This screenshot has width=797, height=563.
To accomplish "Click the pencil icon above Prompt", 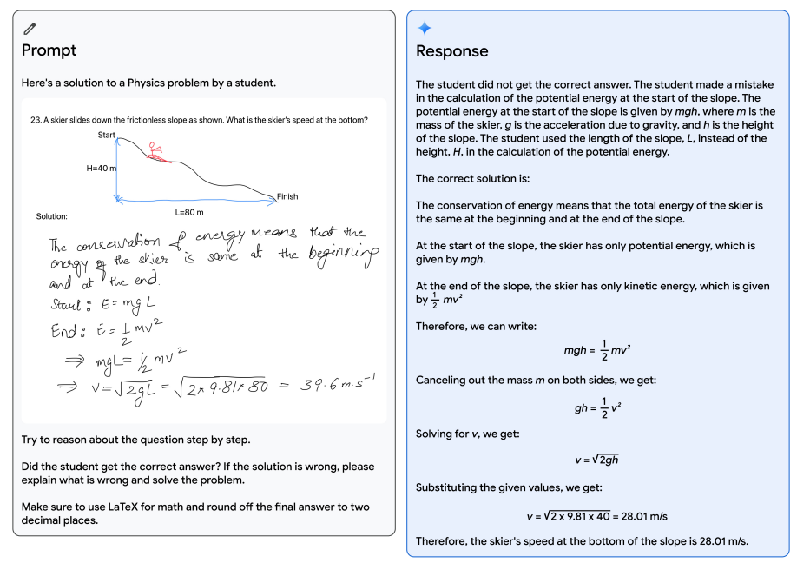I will (x=30, y=29).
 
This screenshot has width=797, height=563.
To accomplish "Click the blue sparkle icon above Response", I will (x=425, y=29).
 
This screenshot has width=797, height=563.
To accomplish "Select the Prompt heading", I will (x=49, y=50).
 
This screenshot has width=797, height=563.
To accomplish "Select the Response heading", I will (x=452, y=51).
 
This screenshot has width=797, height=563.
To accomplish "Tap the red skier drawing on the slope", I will (x=156, y=153).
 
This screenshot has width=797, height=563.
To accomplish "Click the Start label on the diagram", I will (x=107, y=135).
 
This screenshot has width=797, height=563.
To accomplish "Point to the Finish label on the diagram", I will (x=287, y=196).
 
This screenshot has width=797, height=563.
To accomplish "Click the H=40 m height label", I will (x=101, y=169).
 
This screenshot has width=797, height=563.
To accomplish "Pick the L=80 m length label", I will (x=189, y=212).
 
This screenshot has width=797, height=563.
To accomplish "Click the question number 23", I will (x=36, y=120).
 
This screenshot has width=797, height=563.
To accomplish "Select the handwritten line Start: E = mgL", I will (x=96, y=306).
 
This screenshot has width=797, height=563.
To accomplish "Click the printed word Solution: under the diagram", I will (x=52, y=216).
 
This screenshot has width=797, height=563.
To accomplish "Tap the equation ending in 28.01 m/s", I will (x=596, y=515).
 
